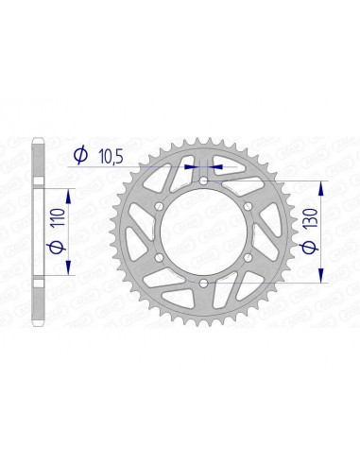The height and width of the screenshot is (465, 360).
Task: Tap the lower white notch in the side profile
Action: tap(37, 275)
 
